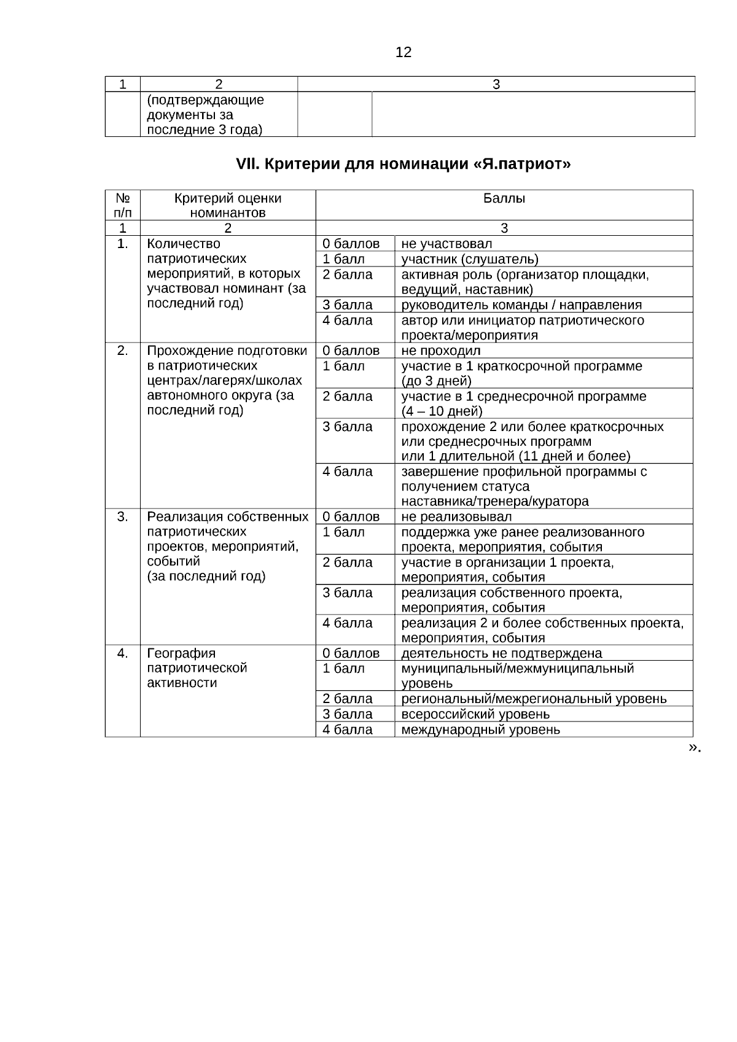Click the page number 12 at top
pos(404,52)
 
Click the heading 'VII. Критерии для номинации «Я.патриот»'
pos(404,165)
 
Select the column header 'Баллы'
pos(504,198)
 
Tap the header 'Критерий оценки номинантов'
pos(228,206)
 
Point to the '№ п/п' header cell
pos(123,206)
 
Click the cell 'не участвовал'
pos(446,244)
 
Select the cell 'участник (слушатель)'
pos(470,259)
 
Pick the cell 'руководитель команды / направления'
pos(521,305)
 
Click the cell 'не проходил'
pos(441,351)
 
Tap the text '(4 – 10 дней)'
pos(442,411)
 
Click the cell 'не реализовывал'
pos(456,516)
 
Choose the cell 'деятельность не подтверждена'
pos(502,653)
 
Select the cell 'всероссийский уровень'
pos(475,714)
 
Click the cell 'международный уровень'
pos(480,729)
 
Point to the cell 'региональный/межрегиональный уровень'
pos(534,699)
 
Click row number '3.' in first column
pos(123,516)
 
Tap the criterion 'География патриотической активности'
pos(197,668)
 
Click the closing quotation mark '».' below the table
pos(695,747)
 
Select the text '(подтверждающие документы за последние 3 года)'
pos(205,115)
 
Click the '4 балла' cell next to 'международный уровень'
pos(348,729)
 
